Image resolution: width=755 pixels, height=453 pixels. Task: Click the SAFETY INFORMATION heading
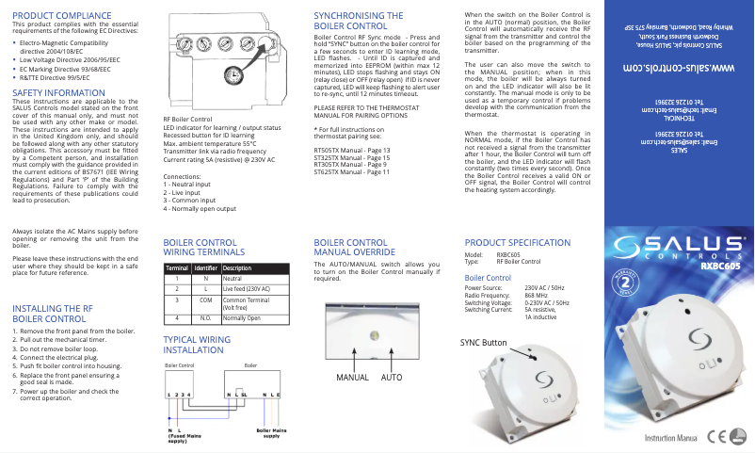coord(58,93)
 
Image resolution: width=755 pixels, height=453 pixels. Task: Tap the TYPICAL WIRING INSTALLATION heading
coord(197,344)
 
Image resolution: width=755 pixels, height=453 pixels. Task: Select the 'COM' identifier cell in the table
coord(204,299)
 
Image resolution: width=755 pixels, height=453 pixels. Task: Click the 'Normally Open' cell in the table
coord(241,318)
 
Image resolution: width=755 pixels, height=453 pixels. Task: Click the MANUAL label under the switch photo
coord(352,377)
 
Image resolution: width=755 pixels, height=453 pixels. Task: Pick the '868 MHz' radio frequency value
coord(537,295)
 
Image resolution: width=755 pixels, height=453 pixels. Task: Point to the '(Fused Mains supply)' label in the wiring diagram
coord(184,437)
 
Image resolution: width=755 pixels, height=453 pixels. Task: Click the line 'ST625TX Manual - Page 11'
coord(351,172)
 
